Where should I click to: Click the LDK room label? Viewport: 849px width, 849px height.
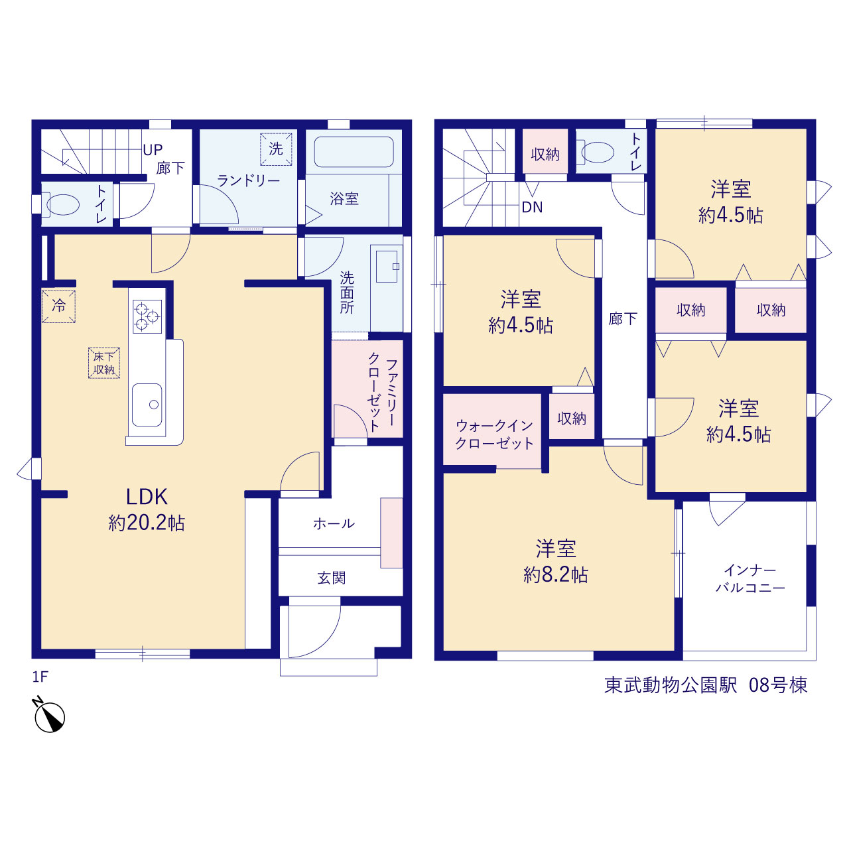coord(147,497)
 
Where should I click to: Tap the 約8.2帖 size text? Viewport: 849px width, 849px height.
coord(556,575)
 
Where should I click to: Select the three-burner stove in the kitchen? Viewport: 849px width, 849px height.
coord(147,316)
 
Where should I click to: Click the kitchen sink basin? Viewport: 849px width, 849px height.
coord(147,405)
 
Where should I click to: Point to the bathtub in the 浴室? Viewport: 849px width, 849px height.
coord(354,152)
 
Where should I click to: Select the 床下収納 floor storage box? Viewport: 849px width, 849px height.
coord(104,363)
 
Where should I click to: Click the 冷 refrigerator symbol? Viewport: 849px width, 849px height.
coord(58,306)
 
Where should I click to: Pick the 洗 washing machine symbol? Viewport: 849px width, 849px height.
coord(276,149)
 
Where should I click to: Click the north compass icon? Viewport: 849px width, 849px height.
coord(49,715)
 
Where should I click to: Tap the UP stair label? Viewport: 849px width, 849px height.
coord(153,150)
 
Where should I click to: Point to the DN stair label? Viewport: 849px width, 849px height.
coord(532,207)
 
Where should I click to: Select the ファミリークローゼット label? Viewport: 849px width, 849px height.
coord(383,395)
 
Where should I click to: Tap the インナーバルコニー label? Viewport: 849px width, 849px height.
coord(750,579)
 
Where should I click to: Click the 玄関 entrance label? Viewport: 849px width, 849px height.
coord(332,578)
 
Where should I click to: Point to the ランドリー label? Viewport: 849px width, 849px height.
coord(249,180)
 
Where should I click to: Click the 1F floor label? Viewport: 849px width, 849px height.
coord(40,677)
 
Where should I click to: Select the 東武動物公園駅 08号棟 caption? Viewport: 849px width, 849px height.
coord(706,685)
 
